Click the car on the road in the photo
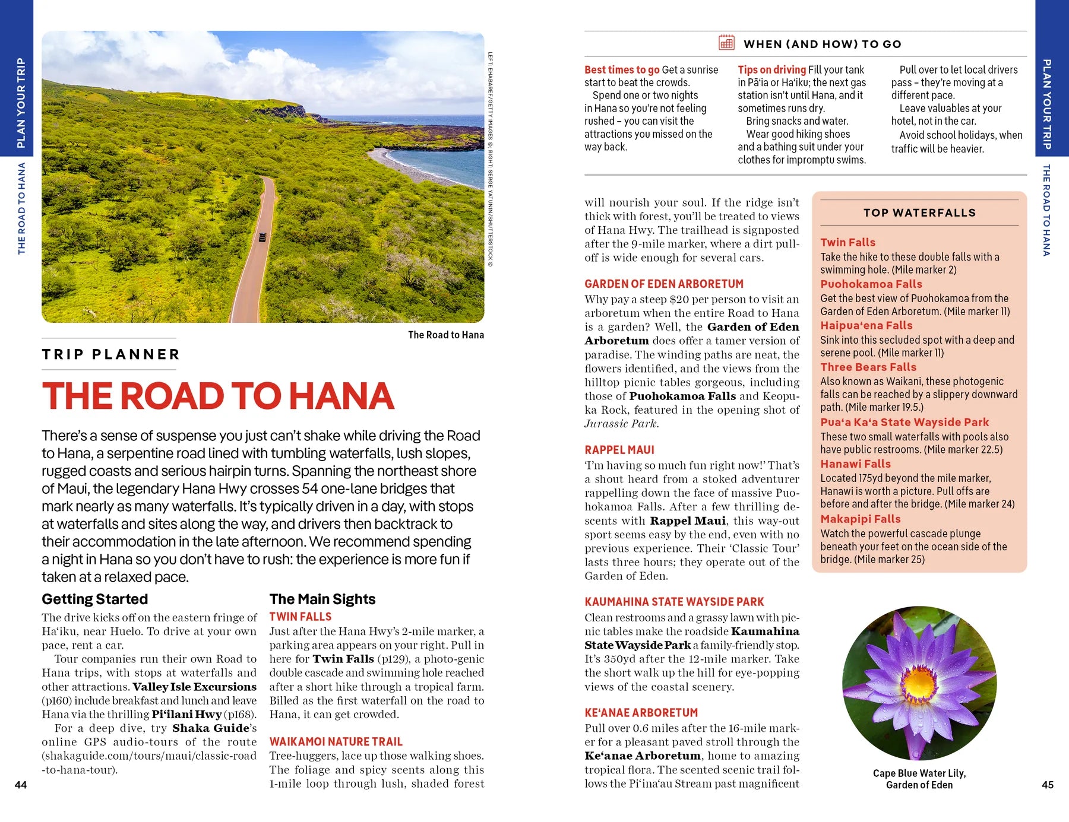tap(262, 237)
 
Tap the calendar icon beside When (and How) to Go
tap(726, 43)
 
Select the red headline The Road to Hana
tap(217, 396)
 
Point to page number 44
tap(21, 785)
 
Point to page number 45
tap(1048, 785)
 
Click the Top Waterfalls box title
tap(919, 212)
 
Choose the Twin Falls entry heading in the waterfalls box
tap(847, 242)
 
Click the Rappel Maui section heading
tap(619, 450)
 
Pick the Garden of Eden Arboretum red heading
tap(663, 284)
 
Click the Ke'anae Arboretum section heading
tap(641, 712)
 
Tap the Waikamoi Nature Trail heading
tap(336, 741)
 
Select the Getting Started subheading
tap(94, 599)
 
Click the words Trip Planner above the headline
tap(110, 354)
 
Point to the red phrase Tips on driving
tap(771, 69)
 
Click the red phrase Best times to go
tap(621, 69)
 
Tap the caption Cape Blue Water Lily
tap(919, 773)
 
